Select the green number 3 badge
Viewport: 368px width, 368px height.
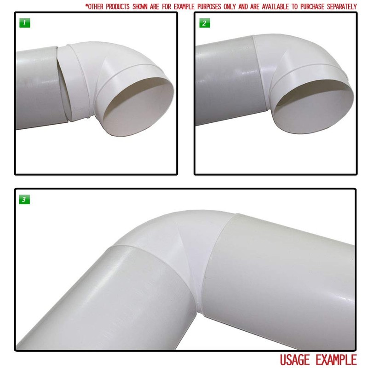click(x=24, y=200)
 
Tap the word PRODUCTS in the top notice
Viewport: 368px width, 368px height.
click(x=121, y=6)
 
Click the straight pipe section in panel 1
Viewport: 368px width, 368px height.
click(x=34, y=87)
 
